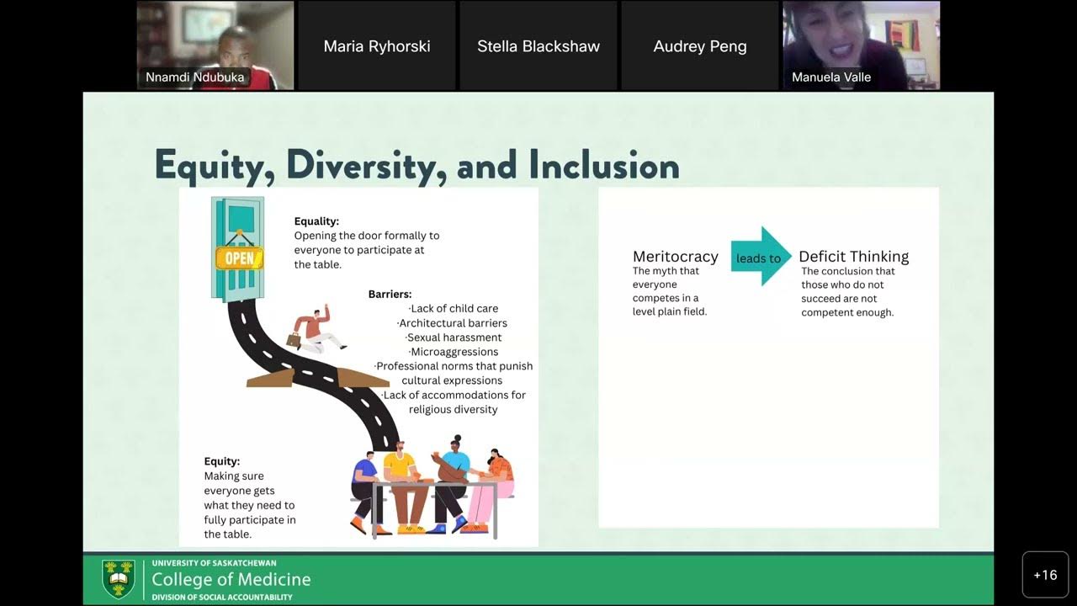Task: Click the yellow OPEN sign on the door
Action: tap(239, 258)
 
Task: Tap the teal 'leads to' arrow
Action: tap(760, 258)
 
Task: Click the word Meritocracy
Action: tap(675, 257)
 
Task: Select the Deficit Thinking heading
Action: tap(853, 257)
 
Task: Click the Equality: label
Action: tap(316, 221)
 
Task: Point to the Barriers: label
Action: tap(390, 294)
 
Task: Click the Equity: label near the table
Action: tap(222, 461)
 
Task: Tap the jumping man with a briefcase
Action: tap(316, 332)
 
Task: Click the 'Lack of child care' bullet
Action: tap(454, 309)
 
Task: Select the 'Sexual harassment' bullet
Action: tap(454, 338)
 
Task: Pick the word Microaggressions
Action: tap(454, 352)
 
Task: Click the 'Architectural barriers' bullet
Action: tap(453, 323)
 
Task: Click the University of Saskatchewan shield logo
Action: tap(118, 578)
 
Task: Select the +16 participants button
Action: tap(1045, 575)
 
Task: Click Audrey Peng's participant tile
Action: tap(700, 46)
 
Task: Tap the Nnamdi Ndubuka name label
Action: tap(195, 77)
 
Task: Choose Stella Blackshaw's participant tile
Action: tap(538, 46)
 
